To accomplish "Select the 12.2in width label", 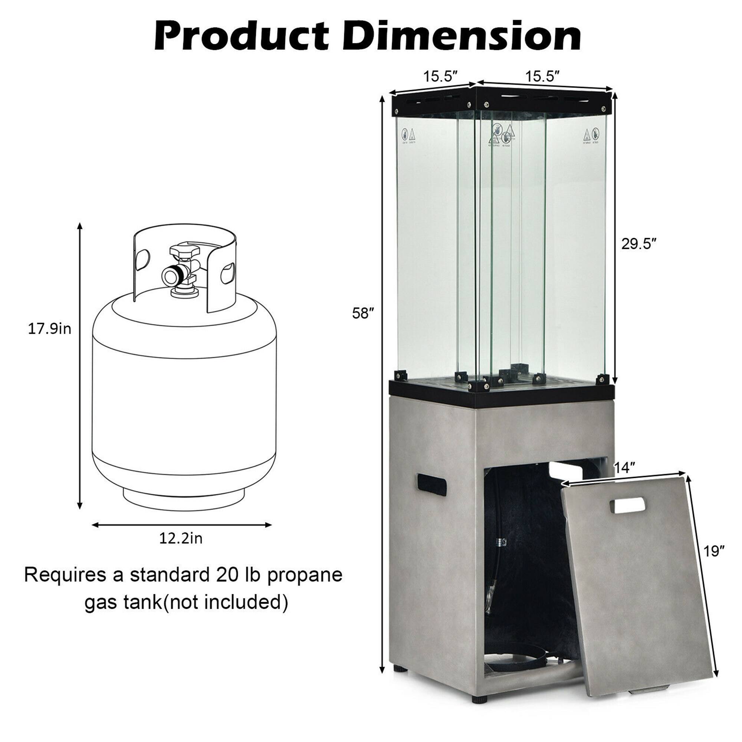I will tap(181, 539).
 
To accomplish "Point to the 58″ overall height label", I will tap(362, 314).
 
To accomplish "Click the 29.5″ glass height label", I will tap(639, 243).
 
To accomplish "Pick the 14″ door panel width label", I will tap(624, 468).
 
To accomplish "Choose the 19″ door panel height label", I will tap(714, 552).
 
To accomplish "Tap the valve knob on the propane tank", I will tap(185, 252).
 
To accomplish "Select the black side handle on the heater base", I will tap(432, 485).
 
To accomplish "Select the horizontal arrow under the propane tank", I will tap(182, 525).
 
